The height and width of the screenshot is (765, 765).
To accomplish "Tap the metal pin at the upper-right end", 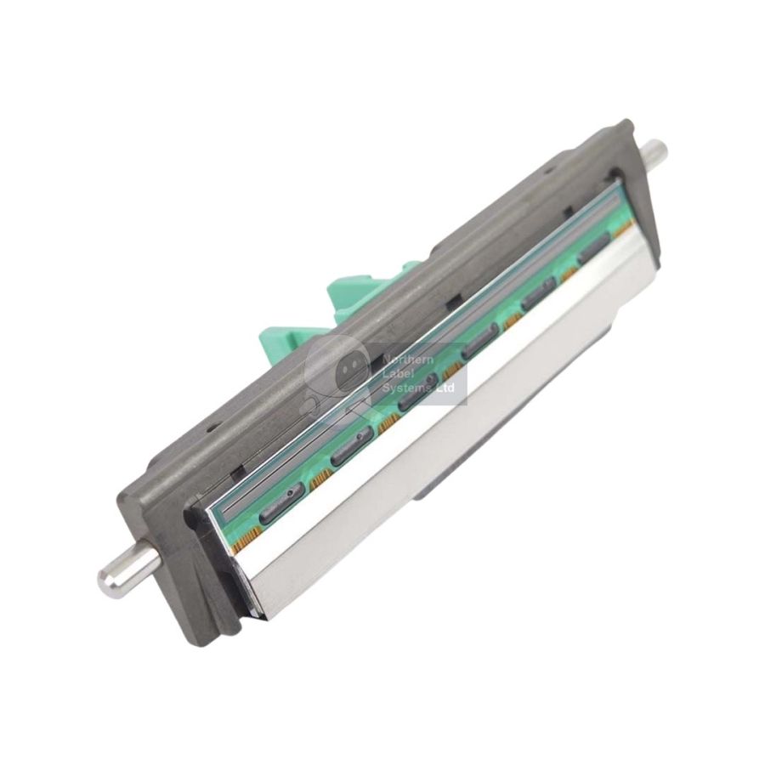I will (x=652, y=154).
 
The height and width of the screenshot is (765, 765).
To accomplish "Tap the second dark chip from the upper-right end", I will (x=539, y=297).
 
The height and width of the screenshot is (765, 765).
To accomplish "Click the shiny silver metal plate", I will (x=442, y=442).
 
